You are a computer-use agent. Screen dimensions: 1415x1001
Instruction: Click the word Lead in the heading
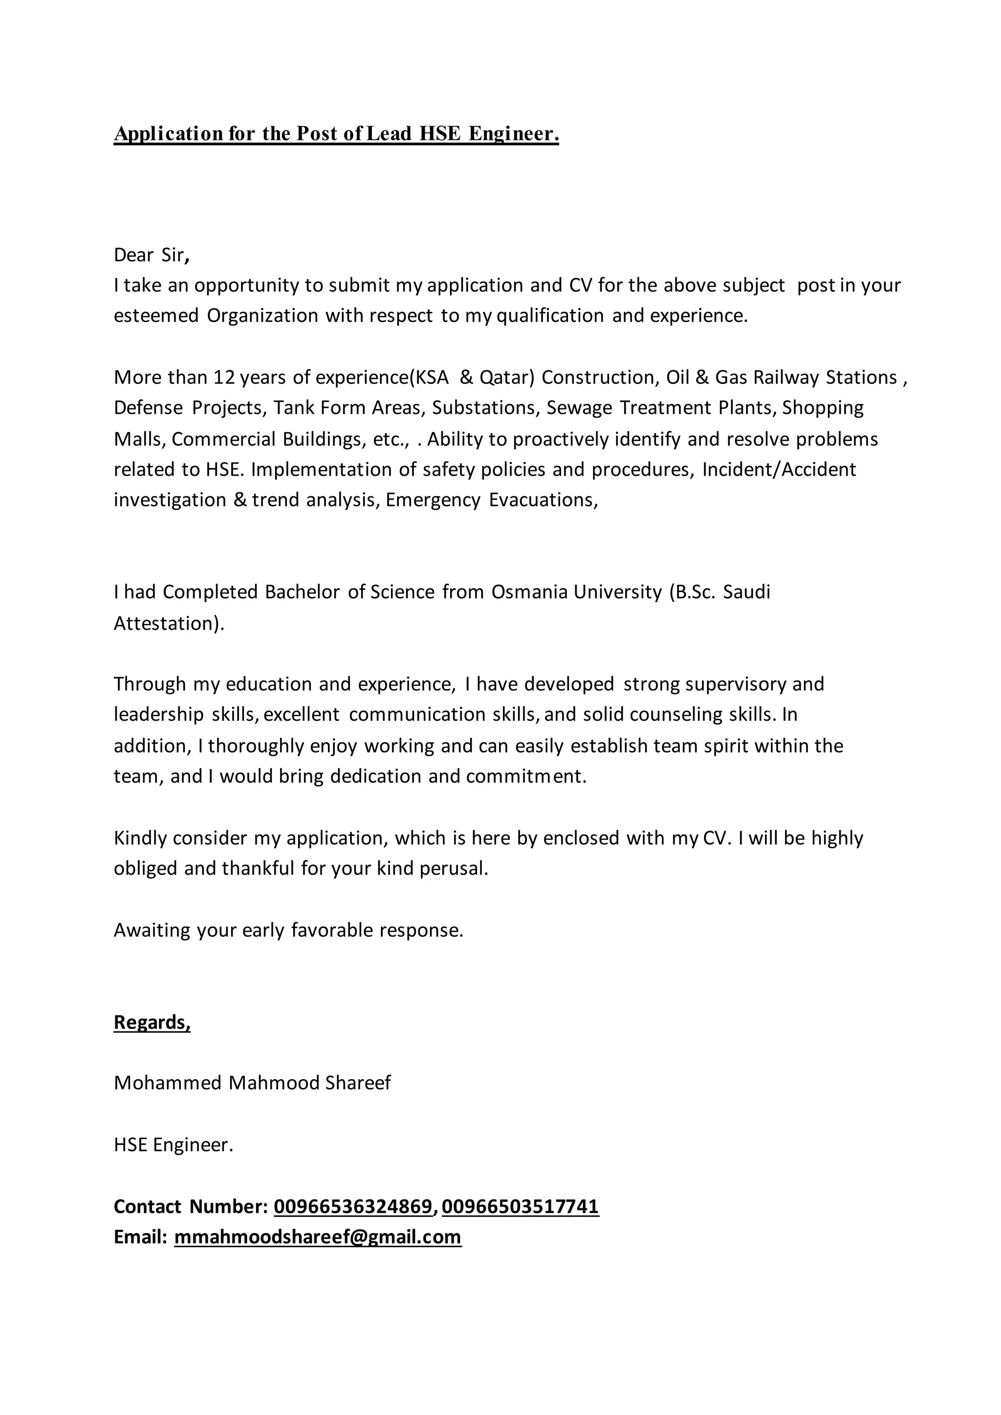click(x=389, y=134)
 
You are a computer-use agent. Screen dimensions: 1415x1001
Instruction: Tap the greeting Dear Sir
click(x=151, y=255)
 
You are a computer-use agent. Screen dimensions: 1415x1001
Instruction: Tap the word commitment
click(x=526, y=776)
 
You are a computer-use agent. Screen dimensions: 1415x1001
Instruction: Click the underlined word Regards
click(x=152, y=1022)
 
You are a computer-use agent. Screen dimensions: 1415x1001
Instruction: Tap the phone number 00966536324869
click(x=353, y=1207)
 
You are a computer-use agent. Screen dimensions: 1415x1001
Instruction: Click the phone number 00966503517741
click(x=520, y=1207)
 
